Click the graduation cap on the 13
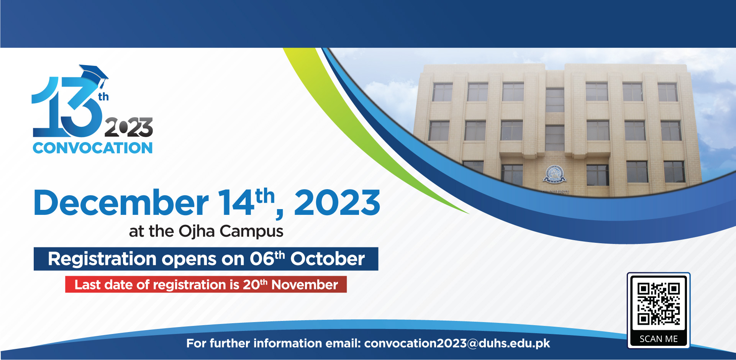[94, 75]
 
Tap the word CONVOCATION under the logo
[93, 148]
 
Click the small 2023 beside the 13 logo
[129, 127]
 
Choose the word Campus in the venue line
[251, 232]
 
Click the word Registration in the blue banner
[102, 259]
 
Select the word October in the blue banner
[328, 259]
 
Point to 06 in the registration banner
[262, 259]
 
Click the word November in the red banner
[305, 285]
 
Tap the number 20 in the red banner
[251, 285]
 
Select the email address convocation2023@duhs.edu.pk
[457, 344]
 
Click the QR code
[659, 304]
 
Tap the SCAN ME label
[659, 339]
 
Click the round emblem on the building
[554, 173]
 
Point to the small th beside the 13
[103, 97]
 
